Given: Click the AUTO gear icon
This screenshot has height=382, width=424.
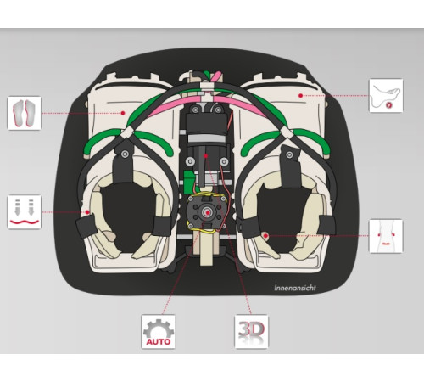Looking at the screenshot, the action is click(159, 332).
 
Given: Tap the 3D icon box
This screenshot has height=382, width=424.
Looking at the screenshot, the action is click(251, 331).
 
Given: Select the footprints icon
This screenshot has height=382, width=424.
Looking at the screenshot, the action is click(24, 113).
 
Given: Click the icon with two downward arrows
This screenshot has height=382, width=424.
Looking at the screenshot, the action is click(24, 211).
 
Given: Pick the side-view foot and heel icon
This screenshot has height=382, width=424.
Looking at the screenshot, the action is click(386, 96).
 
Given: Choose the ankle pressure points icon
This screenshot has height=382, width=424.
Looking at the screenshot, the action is click(386, 236).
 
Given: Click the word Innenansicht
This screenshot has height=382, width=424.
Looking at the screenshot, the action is click(295, 288).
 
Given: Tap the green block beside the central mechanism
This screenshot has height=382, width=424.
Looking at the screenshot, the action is click(187, 181).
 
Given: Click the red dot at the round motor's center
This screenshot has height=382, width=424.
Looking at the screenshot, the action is click(208, 212).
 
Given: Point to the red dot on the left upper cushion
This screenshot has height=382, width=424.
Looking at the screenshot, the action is click(123, 113).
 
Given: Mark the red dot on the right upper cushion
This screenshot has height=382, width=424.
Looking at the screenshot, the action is click(301, 96).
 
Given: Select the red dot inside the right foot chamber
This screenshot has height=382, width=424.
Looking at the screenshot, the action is click(265, 235).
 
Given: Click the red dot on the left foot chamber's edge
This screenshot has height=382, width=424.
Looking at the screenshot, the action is click(87, 212).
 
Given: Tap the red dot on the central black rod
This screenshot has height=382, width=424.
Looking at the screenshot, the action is click(206, 155).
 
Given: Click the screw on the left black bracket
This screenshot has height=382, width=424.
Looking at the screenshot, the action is click(125, 154).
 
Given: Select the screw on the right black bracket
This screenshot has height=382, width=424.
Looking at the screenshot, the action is click(289, 154).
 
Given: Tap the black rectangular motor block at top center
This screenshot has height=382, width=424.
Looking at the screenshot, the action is click(206, 123).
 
